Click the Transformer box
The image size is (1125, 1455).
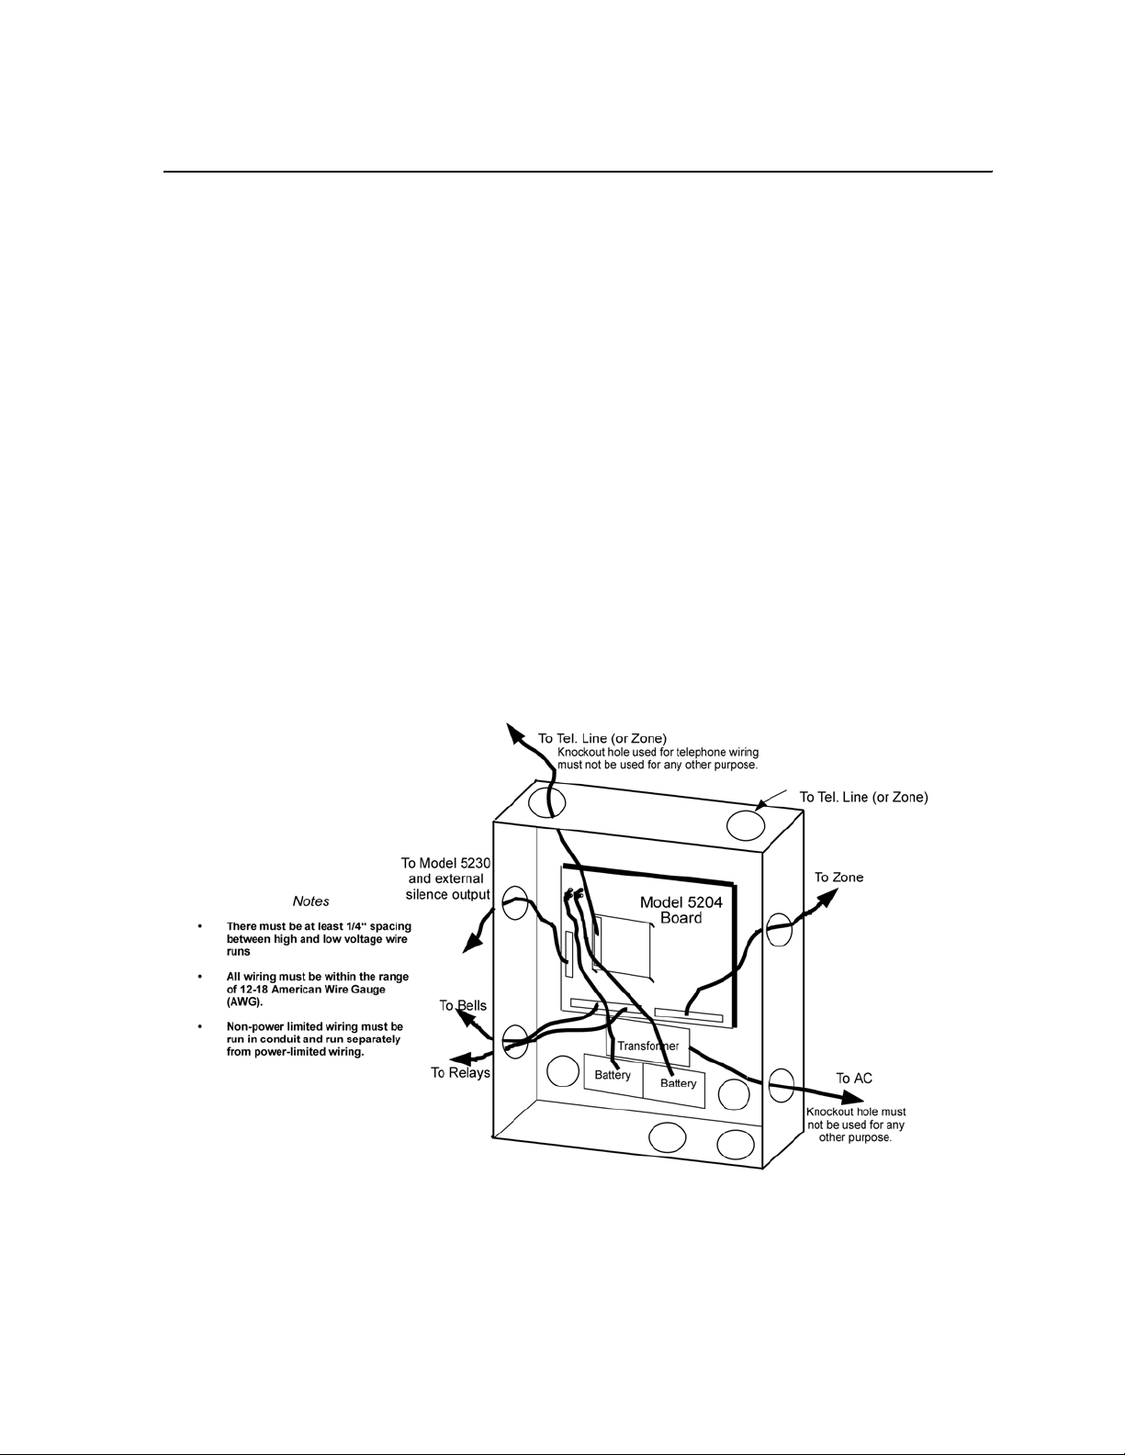647,1046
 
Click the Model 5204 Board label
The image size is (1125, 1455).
681,910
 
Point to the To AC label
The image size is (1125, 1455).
854,1078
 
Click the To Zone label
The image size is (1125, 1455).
838,878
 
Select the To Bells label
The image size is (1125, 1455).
463,1006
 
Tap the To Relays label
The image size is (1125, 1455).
460,1073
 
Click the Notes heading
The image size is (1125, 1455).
310,901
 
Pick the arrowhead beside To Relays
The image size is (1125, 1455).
459,1058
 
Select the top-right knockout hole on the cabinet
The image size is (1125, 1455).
746,825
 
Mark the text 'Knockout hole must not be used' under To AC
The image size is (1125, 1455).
857,1118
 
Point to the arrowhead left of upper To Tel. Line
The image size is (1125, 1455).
515,733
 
